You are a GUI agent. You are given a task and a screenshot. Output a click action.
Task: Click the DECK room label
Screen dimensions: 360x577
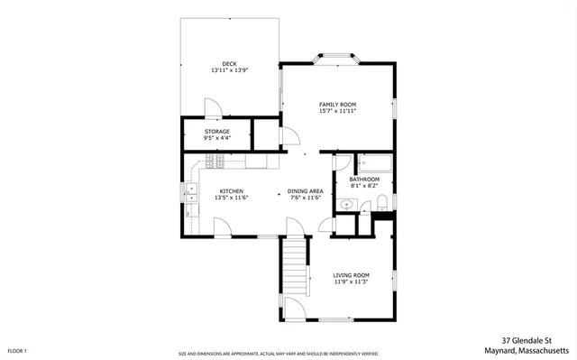point(228,62)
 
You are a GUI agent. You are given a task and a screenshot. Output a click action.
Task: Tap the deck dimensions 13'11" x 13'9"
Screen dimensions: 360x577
point(228,69)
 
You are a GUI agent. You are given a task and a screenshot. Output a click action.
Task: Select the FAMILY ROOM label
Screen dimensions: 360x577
point(337,104)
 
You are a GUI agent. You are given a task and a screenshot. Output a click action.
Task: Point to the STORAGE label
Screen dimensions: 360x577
point(216,131)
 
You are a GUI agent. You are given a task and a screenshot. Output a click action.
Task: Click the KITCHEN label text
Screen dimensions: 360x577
point(232,190)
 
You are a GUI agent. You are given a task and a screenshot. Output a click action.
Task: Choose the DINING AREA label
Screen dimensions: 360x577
point(305,190)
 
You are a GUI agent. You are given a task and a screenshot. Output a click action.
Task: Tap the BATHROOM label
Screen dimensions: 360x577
point(364,179)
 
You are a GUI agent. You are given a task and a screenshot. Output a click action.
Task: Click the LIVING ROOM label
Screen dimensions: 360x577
point(351,274)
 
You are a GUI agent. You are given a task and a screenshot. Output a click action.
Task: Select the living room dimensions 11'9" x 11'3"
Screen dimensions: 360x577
point(351,282)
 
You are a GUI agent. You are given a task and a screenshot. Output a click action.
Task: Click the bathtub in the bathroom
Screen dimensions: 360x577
point(374,163)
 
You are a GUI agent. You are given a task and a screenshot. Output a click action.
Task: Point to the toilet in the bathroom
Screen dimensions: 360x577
point(381,200)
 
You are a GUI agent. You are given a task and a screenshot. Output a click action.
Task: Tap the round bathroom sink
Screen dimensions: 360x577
point(346,205)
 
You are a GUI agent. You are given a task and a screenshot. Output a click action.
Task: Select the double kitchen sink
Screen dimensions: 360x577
point(191,191)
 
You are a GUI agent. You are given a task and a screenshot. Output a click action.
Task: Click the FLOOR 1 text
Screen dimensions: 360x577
point(17,350)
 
